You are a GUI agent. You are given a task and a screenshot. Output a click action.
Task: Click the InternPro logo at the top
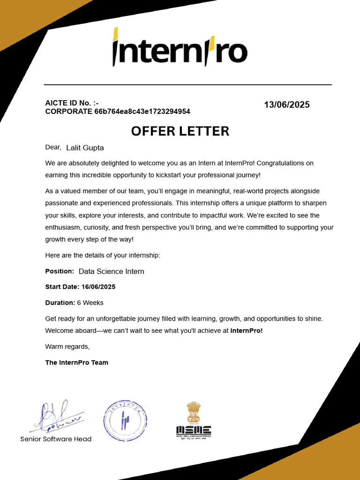click(x=180, y=47)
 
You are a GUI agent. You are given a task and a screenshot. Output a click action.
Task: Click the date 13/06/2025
click(x=286, y=105)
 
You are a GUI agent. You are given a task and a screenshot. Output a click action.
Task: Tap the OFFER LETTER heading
click(x=180, y=131)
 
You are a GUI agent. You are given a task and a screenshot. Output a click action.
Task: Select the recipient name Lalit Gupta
click(x=85, y=148)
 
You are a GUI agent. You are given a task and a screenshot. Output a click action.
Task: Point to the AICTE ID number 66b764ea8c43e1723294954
click(x=142, y=112)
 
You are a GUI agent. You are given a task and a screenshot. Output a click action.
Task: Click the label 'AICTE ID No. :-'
click(x=72, y=103)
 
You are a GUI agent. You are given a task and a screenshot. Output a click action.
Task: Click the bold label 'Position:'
click(x=60, y=271)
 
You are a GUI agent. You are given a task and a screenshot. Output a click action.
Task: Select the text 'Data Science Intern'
click(x=111, y=271)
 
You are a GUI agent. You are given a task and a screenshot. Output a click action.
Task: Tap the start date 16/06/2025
click(x=98, y=287)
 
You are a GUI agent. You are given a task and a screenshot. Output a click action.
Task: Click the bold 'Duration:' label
click(x=60, y=303)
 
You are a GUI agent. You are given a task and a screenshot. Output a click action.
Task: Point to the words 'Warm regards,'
click(x=67, y=347)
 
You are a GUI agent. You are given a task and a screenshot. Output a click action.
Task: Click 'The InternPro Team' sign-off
click(x=76, y=363)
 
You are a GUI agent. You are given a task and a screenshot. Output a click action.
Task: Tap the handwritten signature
click(x=56, y=417)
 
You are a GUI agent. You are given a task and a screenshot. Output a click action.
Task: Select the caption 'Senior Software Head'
click(x=56, y=439)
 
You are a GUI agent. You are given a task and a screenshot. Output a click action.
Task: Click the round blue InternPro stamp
click(x=125, y=421)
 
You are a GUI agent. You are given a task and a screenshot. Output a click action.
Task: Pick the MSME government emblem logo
click(x=193, y=420)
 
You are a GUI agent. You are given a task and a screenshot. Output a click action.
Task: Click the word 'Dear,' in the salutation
click(x=53, y=148)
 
